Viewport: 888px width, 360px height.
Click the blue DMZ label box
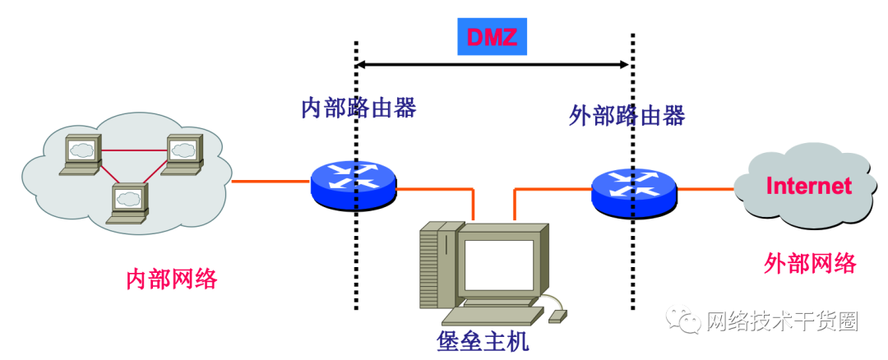(x=492, y=37)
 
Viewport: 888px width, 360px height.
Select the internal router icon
(x=354, y=184)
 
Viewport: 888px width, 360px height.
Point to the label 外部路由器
(x=627, y=116)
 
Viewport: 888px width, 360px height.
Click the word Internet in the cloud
(x=808, y=186)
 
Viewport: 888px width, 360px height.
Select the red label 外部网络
(x=810, y=263)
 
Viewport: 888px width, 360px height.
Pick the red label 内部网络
(x=172, y=279)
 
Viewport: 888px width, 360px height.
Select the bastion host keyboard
(x=493, y=316)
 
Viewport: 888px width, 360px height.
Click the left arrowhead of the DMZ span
(x=361, y=63)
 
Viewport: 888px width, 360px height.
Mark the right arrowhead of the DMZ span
(x=625, y=63)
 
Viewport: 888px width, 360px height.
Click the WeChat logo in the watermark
(x=684, y=321)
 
